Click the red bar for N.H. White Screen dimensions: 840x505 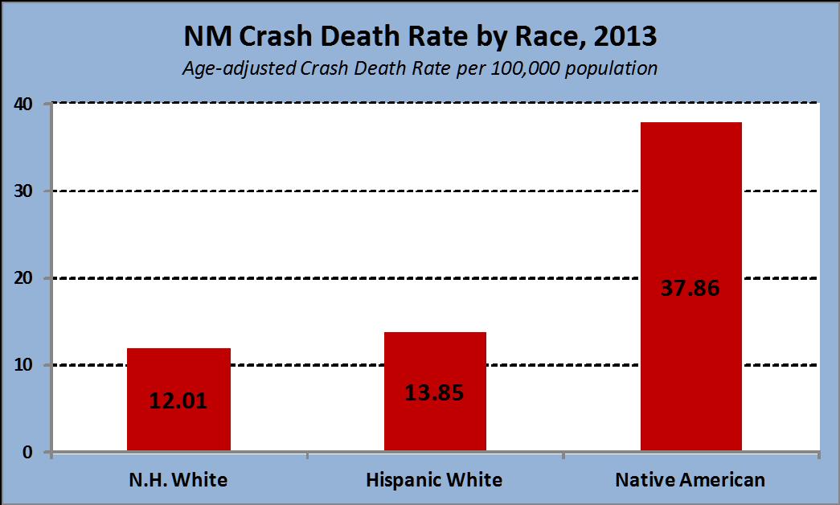coord(179,400)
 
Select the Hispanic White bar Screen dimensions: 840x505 coord(435,392)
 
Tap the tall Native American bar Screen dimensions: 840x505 coord(691,286)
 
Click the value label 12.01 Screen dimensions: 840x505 coord(178,401)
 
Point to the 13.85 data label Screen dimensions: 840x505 coord(434,393)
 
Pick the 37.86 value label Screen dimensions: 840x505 coord(690,288)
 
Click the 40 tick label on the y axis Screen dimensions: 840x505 coord(23,104)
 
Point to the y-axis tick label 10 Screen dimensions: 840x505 coord(23,365)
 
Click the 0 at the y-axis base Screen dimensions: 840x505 coord(28,452)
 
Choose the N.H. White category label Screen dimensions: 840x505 coord(178,479)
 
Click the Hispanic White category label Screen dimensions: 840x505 coord(434,479)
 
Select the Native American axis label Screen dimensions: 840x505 coord(690,479)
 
